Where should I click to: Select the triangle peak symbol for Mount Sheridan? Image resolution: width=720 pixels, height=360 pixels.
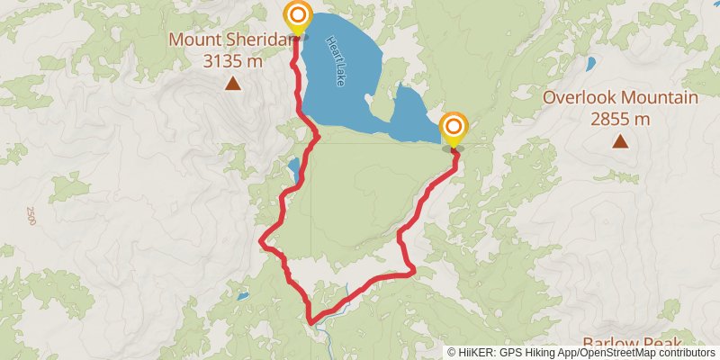233,85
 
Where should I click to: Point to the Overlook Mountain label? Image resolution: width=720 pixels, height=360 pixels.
620,98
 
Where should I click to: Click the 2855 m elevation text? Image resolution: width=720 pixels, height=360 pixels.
620,118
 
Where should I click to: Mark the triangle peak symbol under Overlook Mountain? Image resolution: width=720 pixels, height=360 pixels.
620,140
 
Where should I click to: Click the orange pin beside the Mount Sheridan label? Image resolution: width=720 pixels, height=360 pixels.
297,17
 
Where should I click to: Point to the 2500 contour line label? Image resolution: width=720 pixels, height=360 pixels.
31,216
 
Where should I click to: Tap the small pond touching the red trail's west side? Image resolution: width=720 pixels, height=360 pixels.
293,168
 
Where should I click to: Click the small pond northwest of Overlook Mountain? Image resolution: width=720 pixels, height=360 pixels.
590,64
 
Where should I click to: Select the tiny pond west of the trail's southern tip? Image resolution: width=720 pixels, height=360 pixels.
241,295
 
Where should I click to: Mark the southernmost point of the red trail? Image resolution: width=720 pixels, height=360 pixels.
310,321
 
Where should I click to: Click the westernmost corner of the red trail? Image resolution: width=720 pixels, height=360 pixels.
262,241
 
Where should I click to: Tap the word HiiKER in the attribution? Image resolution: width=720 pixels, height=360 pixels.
474,353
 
